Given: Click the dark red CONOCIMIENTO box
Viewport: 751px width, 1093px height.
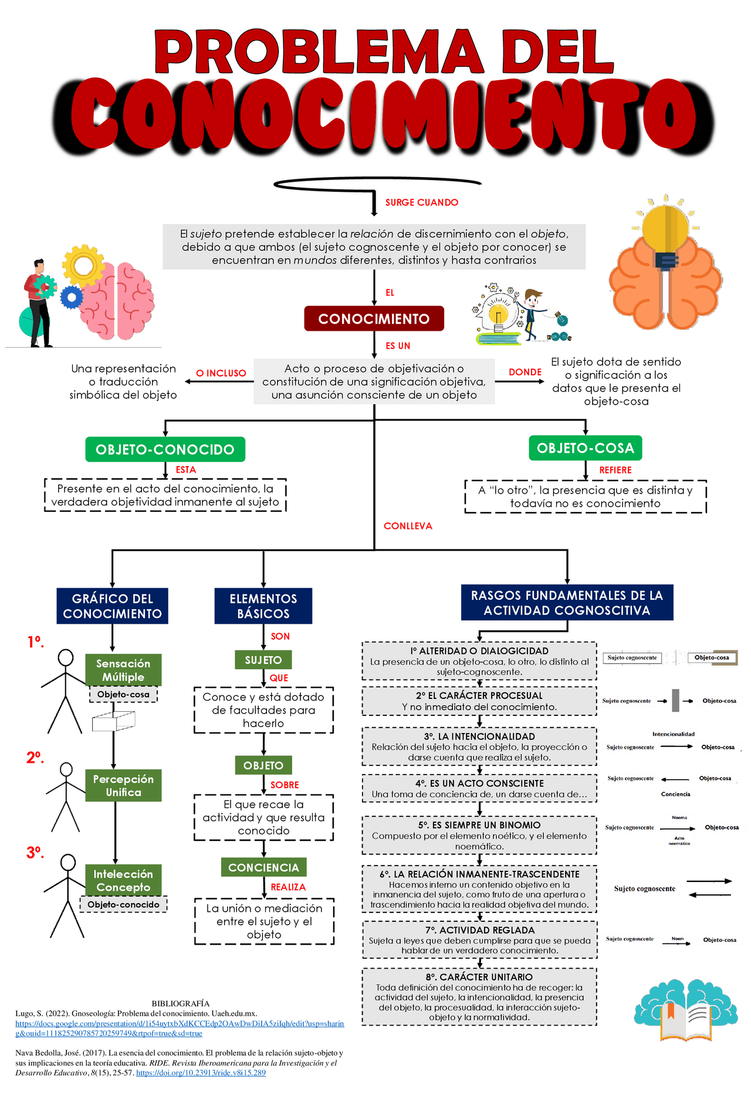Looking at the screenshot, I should coord(374,318).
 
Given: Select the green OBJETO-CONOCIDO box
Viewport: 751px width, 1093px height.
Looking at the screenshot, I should coord(165,450).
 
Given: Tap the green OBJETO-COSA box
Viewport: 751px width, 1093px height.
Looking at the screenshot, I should coord(585,448).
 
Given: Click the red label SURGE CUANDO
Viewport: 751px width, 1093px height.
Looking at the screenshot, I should coord(421,202).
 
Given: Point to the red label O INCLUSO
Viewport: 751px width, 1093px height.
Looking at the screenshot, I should coord(221,373).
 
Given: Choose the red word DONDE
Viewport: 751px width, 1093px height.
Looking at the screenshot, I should coord(525,372).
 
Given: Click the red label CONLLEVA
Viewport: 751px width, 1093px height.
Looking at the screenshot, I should coord(408,526).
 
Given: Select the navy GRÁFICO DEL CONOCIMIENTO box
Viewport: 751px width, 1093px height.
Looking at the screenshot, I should coord(112,606).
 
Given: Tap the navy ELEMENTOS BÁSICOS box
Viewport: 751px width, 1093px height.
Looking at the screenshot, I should coord(263,606).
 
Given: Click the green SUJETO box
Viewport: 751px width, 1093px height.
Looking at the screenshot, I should coord(263,660).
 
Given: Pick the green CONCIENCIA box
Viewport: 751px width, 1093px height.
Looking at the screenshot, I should coord(263,867).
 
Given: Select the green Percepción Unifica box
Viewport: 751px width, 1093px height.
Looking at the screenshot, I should coord(123,785).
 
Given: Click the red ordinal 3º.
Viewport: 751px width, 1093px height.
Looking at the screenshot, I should coord(35,852).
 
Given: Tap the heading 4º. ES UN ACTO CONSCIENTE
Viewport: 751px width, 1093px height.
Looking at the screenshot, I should coord(479,783).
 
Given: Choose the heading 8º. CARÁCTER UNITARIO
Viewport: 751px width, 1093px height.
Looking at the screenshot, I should coord(479,977).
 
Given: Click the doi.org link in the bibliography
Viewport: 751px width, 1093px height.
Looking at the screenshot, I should coord(201,1072).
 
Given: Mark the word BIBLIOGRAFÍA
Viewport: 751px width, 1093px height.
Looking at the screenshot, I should coord(180,1003).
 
